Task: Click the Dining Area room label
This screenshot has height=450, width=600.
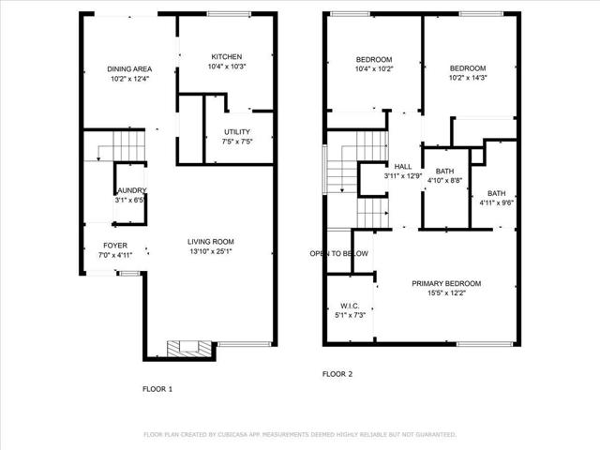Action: [129, 69]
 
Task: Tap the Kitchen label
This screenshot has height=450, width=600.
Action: [227, 56]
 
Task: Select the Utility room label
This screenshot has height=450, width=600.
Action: [236, 131]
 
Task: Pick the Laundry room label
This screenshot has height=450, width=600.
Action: [131, 190]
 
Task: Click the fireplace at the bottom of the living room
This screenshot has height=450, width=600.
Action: [185, 349]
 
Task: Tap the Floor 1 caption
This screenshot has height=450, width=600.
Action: [157, 388]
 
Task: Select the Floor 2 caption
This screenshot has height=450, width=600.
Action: [337, 373]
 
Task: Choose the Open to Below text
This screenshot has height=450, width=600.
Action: [339, 253]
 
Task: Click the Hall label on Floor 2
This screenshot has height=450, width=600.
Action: [403, 166]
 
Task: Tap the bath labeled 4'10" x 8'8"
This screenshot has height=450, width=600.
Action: [444, 180]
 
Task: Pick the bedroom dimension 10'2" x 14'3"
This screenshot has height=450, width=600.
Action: [468, 79]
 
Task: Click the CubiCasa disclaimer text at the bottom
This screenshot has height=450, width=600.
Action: [299, 435]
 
